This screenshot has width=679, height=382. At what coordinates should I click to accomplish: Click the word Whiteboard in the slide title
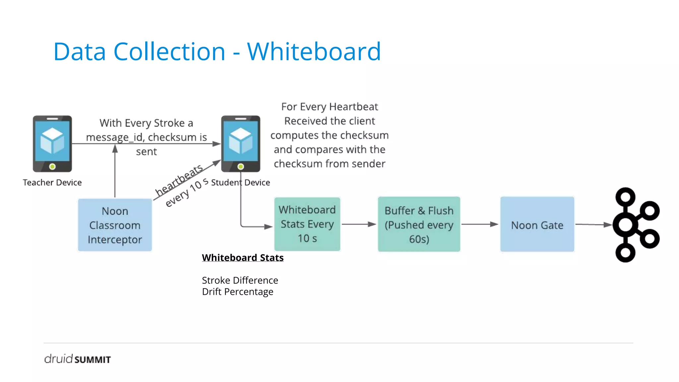coord(314,52)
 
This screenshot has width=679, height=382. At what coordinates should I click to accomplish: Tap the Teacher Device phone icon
coord(52,144)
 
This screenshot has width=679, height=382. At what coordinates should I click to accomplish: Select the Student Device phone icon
coord(241,144)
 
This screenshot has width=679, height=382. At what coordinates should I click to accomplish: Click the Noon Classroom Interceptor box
coord(115,225)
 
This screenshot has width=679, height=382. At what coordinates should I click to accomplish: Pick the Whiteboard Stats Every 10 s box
coord(307,224)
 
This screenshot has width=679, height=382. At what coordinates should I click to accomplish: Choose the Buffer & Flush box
coord(419,224)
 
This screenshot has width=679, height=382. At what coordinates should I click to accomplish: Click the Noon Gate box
coord(537,224)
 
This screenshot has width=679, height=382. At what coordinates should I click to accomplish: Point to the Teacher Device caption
coord(52,182)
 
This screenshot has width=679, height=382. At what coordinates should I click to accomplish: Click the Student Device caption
coord(241,182)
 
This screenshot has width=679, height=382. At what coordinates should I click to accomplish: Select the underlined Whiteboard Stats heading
coord(243,258)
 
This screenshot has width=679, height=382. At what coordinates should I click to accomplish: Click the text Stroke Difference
coord(240,281)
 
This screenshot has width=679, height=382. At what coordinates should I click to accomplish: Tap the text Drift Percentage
coord(237,292)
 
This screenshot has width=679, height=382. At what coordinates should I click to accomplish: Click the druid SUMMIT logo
coord(77,359)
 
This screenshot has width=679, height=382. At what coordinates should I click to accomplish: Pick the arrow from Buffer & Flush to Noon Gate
coord(479,224)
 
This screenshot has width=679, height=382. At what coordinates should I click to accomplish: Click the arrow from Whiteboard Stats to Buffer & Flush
coord(359,224)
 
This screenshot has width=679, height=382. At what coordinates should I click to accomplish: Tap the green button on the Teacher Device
coord(52,166)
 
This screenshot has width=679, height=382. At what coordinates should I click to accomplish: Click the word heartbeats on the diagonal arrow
coord(179,180)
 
